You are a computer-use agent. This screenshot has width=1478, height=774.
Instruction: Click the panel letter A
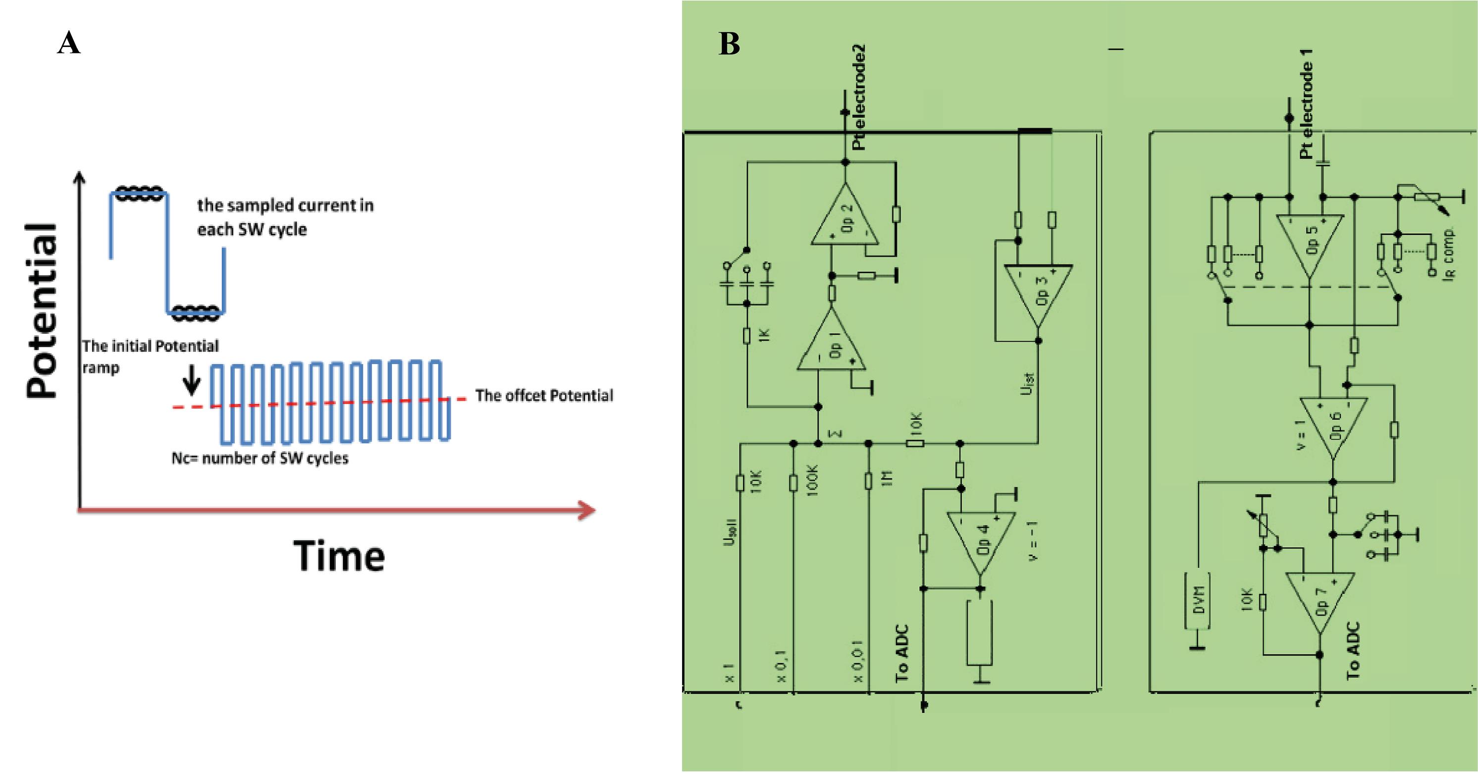(x=69, y=43)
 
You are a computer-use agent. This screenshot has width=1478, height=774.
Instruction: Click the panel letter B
(x=729, y=44)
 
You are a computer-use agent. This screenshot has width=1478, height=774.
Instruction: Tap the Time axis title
(x=339, y=556)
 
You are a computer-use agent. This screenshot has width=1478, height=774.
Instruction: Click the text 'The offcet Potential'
(x=544, y=396)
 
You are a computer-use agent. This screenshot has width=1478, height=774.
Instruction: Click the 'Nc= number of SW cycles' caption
(x=260, y=459)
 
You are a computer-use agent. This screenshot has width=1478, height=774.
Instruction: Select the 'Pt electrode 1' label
(x=1307, y=103)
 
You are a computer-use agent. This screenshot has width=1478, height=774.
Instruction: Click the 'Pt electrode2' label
(x=858, y=98)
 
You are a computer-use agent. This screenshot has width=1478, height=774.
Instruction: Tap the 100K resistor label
(x=812, y=479)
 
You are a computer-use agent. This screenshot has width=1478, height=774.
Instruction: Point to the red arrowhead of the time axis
(x=586, y=510)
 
